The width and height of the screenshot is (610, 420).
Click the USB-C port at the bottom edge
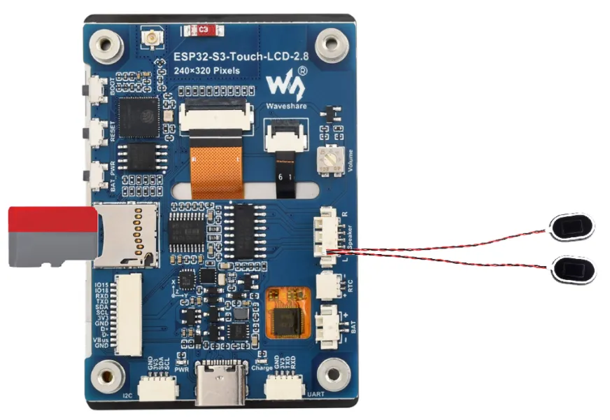click(220, 384)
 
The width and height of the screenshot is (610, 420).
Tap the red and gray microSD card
click(51, 236)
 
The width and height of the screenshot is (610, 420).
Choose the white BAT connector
click(326, 327)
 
